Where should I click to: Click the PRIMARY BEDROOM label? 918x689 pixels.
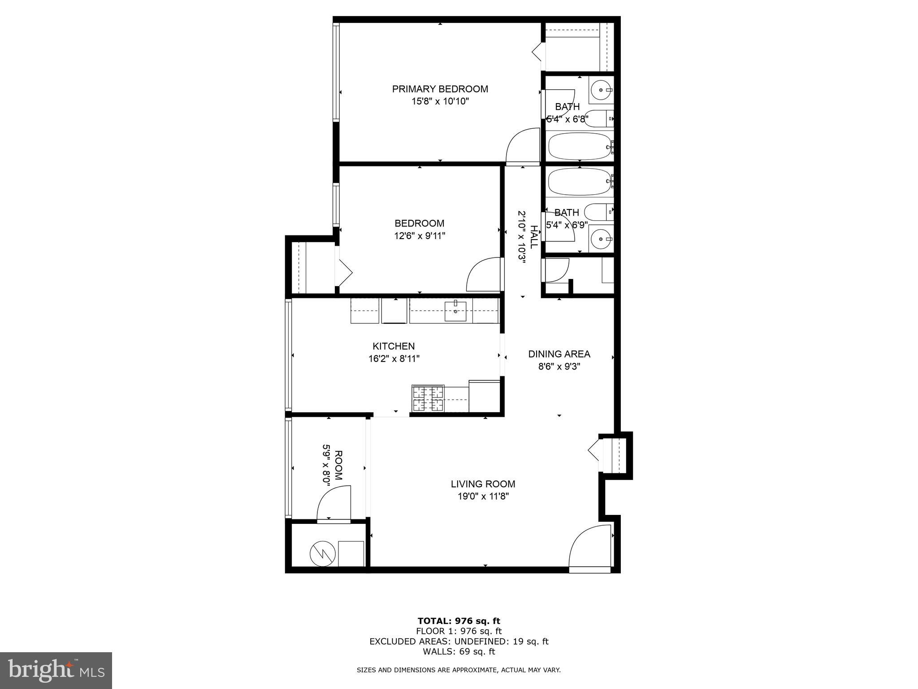[440, 89]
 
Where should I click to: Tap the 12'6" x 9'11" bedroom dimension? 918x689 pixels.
[420, 236]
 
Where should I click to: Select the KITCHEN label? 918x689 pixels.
[394, 346]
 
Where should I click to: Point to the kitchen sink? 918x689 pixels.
[455, 311]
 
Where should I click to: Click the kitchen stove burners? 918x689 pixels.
[428, 398]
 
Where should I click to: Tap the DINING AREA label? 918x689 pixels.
[559, 354]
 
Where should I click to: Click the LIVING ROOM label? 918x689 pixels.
[483, 484]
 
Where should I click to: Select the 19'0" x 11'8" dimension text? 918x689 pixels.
[483, 497]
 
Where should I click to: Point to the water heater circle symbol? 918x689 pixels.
[323, 554]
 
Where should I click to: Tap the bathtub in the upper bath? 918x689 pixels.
[579, 146]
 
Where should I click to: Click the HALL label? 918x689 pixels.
[533, 237]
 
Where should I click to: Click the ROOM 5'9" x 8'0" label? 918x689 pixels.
[332, 466]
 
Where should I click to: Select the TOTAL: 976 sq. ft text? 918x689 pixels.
[459, 621]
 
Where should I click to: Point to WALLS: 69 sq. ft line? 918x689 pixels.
[459, 652]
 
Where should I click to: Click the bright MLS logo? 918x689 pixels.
[56, 670]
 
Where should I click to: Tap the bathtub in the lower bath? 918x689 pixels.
[579, 182]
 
